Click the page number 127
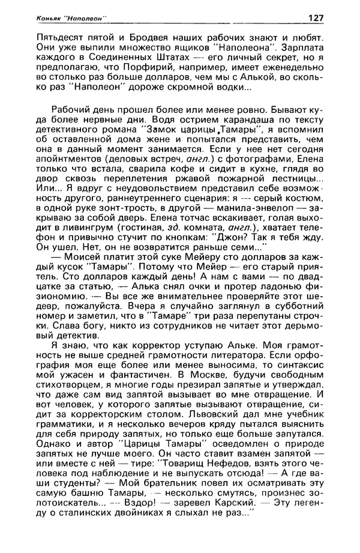(x=315, y=18)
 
